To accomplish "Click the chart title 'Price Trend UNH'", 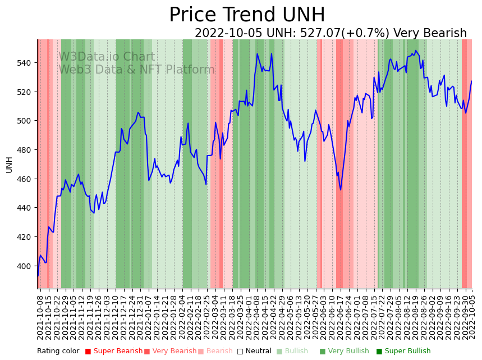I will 247,15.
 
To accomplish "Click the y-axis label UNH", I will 9,165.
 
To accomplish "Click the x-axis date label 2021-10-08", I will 40,317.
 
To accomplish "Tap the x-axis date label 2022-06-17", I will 339,317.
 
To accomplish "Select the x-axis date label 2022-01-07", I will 148,317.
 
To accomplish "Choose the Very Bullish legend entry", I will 345,352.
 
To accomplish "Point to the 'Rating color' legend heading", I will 58,352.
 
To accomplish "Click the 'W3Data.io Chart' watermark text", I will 107,57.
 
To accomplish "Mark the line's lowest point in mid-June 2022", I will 341,190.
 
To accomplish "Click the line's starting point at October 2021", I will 38,276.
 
